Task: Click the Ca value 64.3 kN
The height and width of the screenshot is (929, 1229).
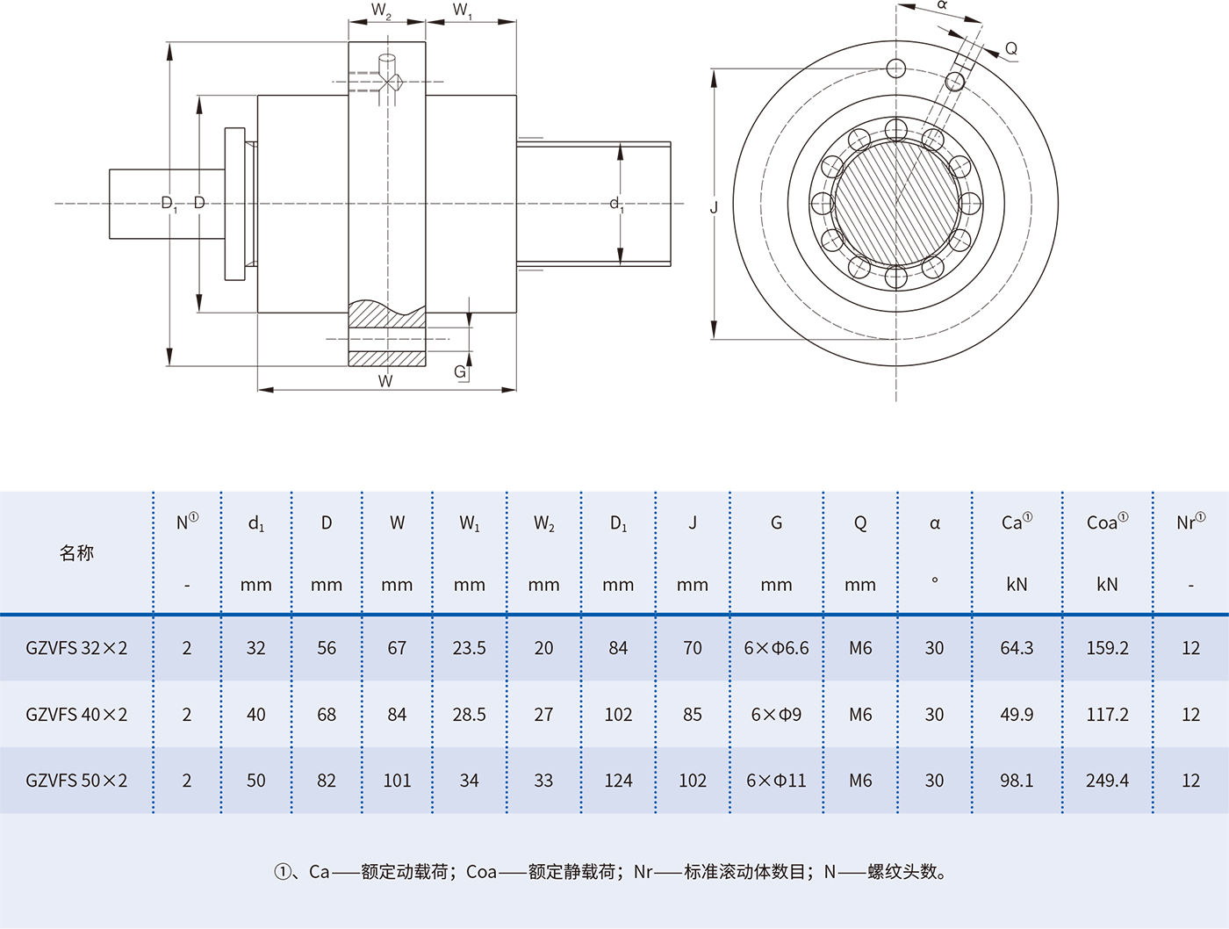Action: pyautogui.click(x=1017, y=648)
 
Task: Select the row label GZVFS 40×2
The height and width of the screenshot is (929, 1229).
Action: pyautogui.click(x=76, y=715)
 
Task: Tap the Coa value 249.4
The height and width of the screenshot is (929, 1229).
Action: pyautogui.click(x=1107, y=781)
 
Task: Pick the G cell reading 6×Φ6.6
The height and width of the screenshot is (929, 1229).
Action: pyautogui.click(x=776, y=648)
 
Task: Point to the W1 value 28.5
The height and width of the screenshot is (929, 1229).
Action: pyautogui.click(x=469, y=715)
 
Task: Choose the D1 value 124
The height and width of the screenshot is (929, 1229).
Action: pyautogui.click(x=618, y=781)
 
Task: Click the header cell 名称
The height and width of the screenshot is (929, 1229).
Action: pyautogui.click(x=76, y=552)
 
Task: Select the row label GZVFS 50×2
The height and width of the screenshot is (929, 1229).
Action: pyautogui.click(x=76, y=781)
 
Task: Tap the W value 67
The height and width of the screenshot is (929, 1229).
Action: pyautogui.click(x=397, y=648)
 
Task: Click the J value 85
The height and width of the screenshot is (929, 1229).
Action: pyautogui.click(x=693, y=715)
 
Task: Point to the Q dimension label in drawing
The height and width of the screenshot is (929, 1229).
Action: pyautogui.click(x=1011, y=49)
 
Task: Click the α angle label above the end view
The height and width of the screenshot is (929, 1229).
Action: pyautogui.click(x=942, y=6)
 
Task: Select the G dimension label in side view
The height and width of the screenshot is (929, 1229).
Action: pyautogui.click(x=460, y=372)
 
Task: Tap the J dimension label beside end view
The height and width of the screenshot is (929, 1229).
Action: pyautogui.click(x=714, y=207)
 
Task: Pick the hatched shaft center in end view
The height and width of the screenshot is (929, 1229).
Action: pyautogui.click(x=895, y=204)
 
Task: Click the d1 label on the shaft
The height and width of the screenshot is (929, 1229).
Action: pyautogui.click(x=616, y=205)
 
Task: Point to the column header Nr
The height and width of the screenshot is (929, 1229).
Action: pyautogui.click(x=1189, y=522)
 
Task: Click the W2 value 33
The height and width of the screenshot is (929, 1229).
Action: pyautogui.click(x=543, y=781)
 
